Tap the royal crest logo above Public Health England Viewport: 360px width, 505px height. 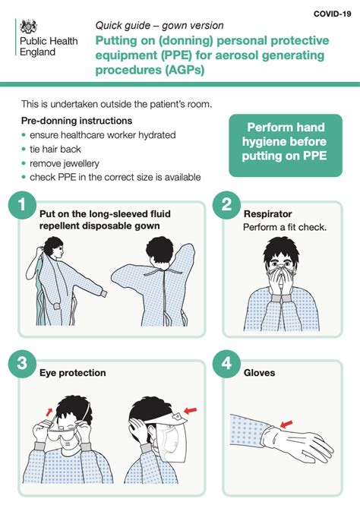pyautogui.click(x=28, y=27)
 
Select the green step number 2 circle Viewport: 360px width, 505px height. pyautogui.click(x=227, y=206)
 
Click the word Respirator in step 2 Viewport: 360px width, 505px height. pyautogui.click(x=267, y=214)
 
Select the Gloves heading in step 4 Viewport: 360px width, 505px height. pyautogui.click(x=261, y=373)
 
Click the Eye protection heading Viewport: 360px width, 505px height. pyautogui.click(x=72, y=373)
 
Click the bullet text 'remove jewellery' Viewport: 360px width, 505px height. pyautogui.click(x=65, y=163)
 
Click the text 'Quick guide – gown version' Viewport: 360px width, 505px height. pyautogui.click(x=159, y=25)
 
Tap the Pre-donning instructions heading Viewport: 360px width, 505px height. pyautogui.click(x=77, y=121)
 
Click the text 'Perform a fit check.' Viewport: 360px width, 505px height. pyautogui.click(x=284, y=227)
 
